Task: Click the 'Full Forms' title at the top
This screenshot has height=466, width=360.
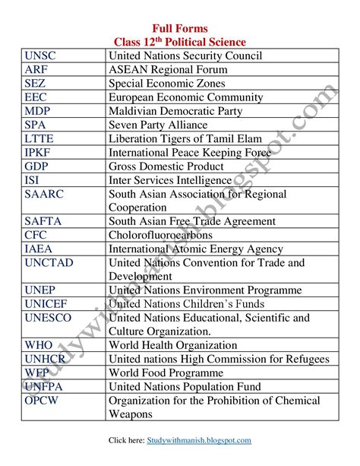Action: pos(180,27)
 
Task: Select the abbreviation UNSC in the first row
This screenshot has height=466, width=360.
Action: pos(40,55)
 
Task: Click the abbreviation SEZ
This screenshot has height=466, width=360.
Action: pos(35,83)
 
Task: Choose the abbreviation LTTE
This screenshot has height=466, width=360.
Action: pos(39,138)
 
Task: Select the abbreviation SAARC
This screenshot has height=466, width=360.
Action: pos(45,194)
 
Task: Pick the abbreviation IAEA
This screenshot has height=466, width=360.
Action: pos(39,249)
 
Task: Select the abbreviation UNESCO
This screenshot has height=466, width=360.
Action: pos(48,317)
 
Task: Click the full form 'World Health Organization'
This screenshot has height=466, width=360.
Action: pos(173,344)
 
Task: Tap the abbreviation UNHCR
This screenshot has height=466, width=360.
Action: pos(45,358)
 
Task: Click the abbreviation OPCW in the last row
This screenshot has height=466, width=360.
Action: pos(42,400)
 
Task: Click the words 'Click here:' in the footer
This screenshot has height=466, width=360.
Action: pos(126,440)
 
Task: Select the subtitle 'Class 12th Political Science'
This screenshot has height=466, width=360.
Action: pos(180,41)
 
